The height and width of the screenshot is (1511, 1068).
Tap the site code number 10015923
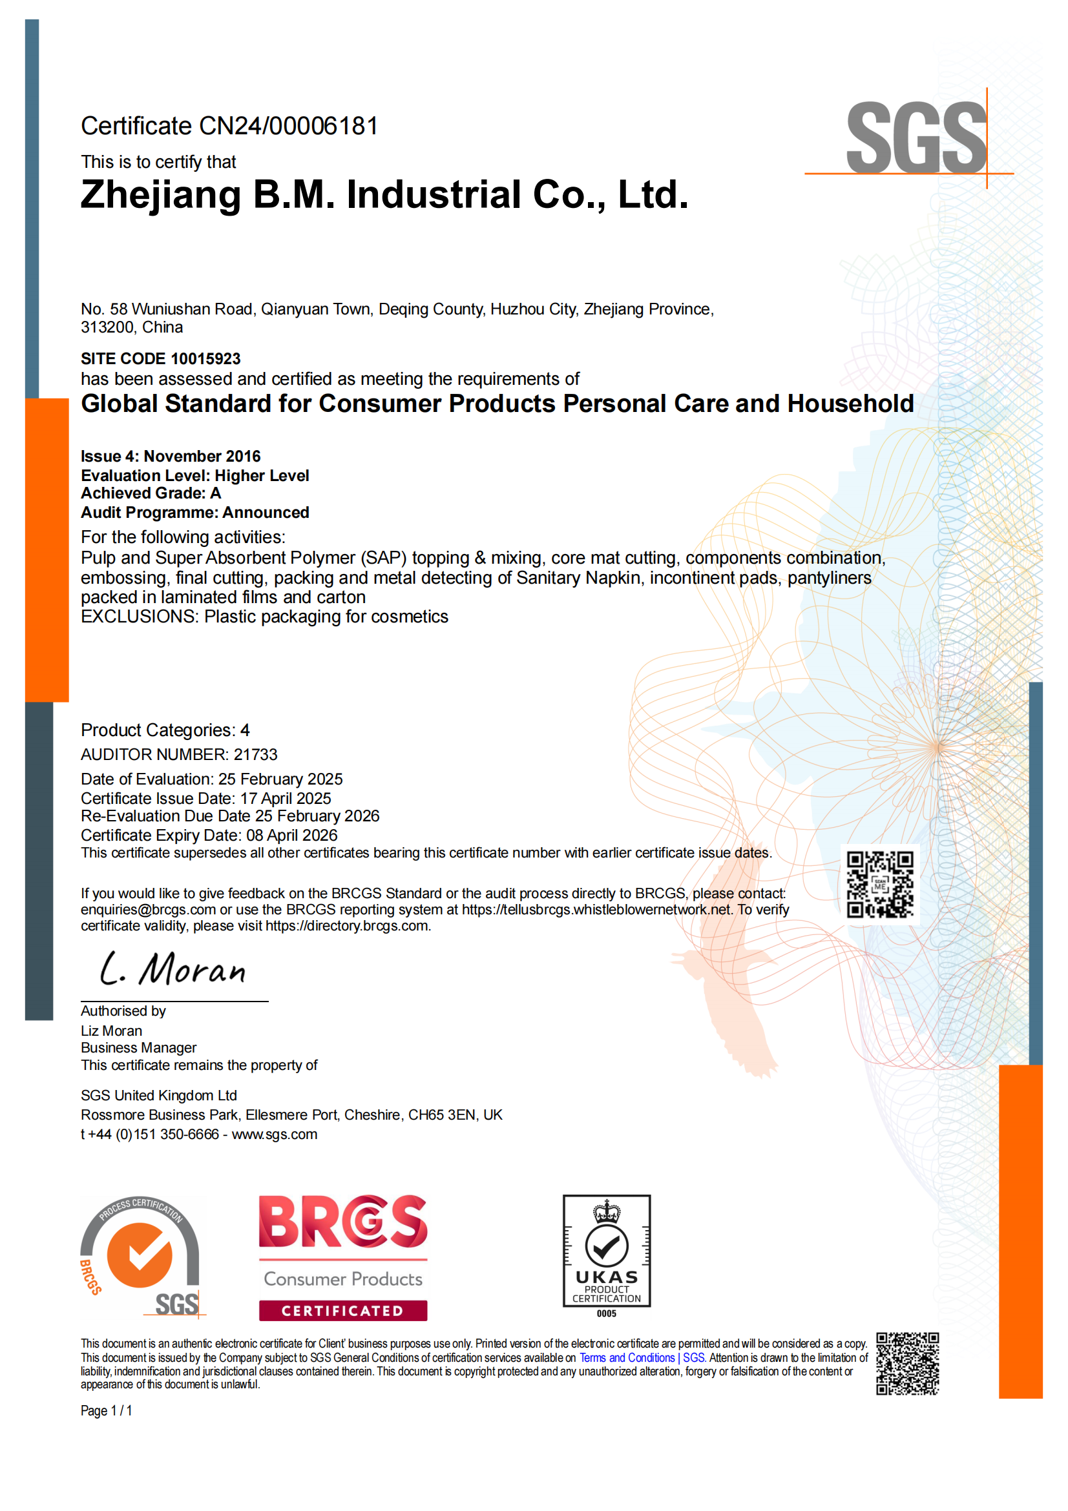205,358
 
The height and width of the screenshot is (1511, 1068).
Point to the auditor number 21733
255,754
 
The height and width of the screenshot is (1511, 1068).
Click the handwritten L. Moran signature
173,969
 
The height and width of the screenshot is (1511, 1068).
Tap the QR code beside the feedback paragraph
880,885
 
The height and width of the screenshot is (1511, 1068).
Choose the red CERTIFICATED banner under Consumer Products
342,1310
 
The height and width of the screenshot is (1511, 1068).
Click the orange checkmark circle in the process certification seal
140,1255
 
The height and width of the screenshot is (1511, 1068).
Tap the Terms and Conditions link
627,1358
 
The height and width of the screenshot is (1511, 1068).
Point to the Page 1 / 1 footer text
107,1410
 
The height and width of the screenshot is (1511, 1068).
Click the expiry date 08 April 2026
291,835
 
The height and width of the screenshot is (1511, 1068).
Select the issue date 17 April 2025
286,798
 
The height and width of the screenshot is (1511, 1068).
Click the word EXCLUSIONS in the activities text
139,617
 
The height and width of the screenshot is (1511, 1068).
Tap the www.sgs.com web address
275,1134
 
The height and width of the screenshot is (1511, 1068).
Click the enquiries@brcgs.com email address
148,909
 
